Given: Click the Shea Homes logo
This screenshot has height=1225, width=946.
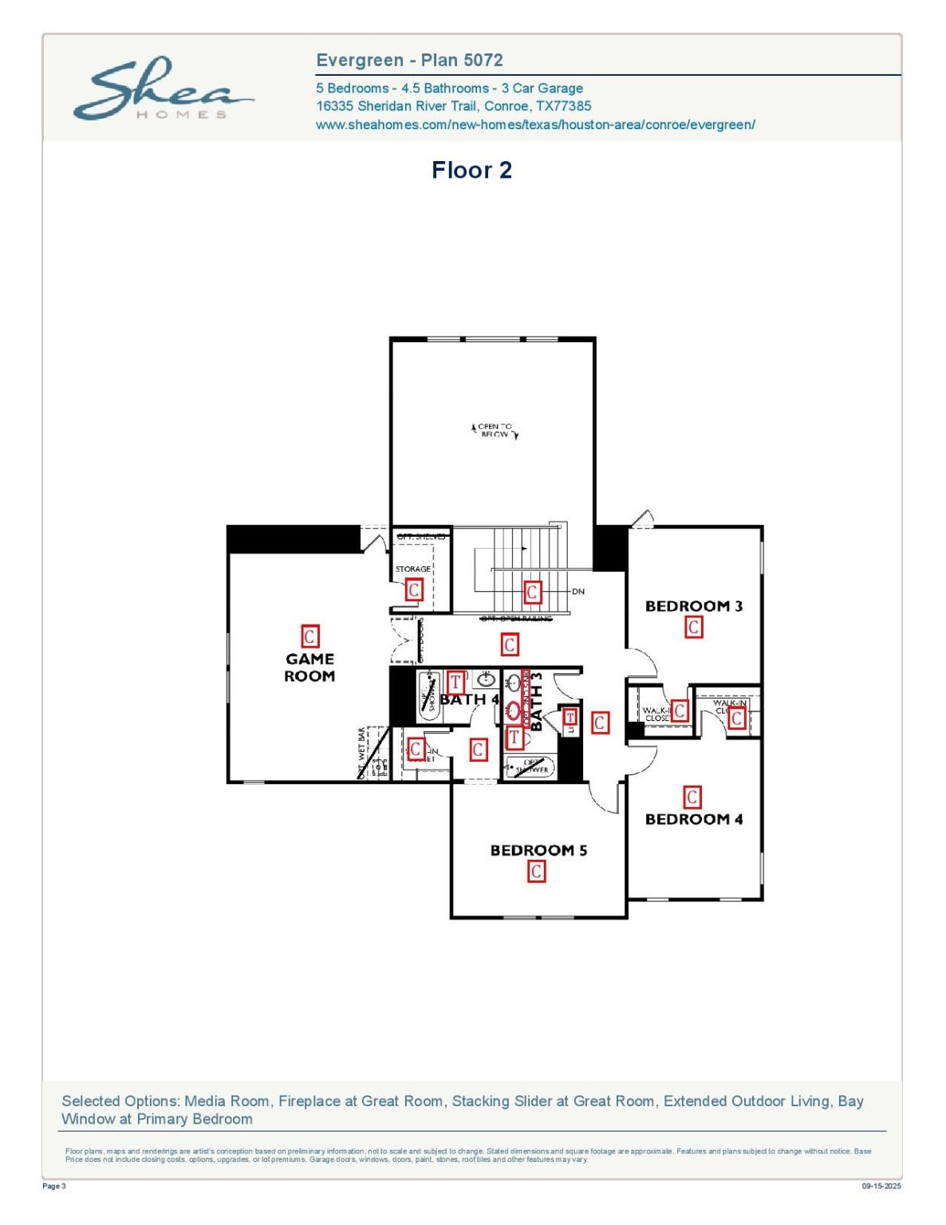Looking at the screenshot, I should [163, 89].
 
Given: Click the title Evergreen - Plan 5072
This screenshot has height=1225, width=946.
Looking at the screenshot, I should [409, 61].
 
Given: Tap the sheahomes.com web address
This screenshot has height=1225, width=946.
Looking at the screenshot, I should [535, 124].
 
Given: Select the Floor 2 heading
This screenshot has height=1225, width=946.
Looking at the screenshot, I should [471, 170].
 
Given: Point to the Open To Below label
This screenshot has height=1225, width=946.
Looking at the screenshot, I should [495, 431].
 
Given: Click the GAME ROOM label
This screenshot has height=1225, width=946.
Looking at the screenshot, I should [309, 668].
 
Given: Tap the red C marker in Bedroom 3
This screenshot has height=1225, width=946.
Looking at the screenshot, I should [694, 628].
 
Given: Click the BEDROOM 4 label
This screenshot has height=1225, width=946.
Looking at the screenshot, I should [693, 819].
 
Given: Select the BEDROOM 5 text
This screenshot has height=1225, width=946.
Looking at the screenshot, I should [538, 850].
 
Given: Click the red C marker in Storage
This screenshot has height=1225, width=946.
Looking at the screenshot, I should [414, 589].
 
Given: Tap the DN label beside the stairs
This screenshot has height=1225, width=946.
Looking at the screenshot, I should [578, 592].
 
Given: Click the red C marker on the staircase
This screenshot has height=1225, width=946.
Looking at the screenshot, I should [532, 592].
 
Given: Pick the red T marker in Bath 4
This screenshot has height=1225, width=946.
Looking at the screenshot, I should [455, 682].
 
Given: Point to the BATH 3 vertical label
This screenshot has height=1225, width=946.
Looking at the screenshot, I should [537, 701].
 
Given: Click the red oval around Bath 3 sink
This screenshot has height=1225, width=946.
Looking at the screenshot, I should [514, 710].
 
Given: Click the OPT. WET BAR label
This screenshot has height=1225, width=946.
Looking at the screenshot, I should [361, 752].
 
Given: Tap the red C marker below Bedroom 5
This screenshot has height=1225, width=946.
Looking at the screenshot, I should [537, 872].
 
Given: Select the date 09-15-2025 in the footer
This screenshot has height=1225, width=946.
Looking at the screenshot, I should [881, 1186].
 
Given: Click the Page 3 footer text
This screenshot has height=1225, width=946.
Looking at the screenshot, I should [54, 1186].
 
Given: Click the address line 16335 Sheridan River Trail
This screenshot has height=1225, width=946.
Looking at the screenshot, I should [453, 106].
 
